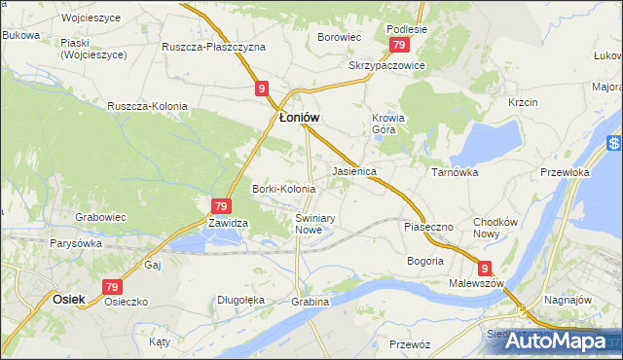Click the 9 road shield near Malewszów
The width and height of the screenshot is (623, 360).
[485, 269]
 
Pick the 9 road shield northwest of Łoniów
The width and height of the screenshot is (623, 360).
[263, 89]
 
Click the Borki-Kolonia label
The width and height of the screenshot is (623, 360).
[283, 188]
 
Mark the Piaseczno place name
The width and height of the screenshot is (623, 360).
[428, 227]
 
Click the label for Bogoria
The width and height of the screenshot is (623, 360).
[424, 261]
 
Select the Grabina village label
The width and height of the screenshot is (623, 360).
[311, 302]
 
